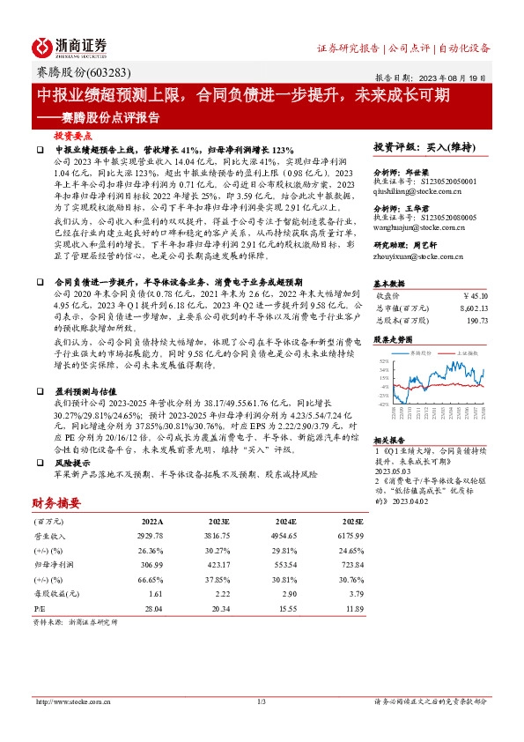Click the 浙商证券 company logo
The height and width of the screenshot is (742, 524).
coord(70,47)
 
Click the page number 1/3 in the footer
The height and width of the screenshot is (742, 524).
coord(262,701)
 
